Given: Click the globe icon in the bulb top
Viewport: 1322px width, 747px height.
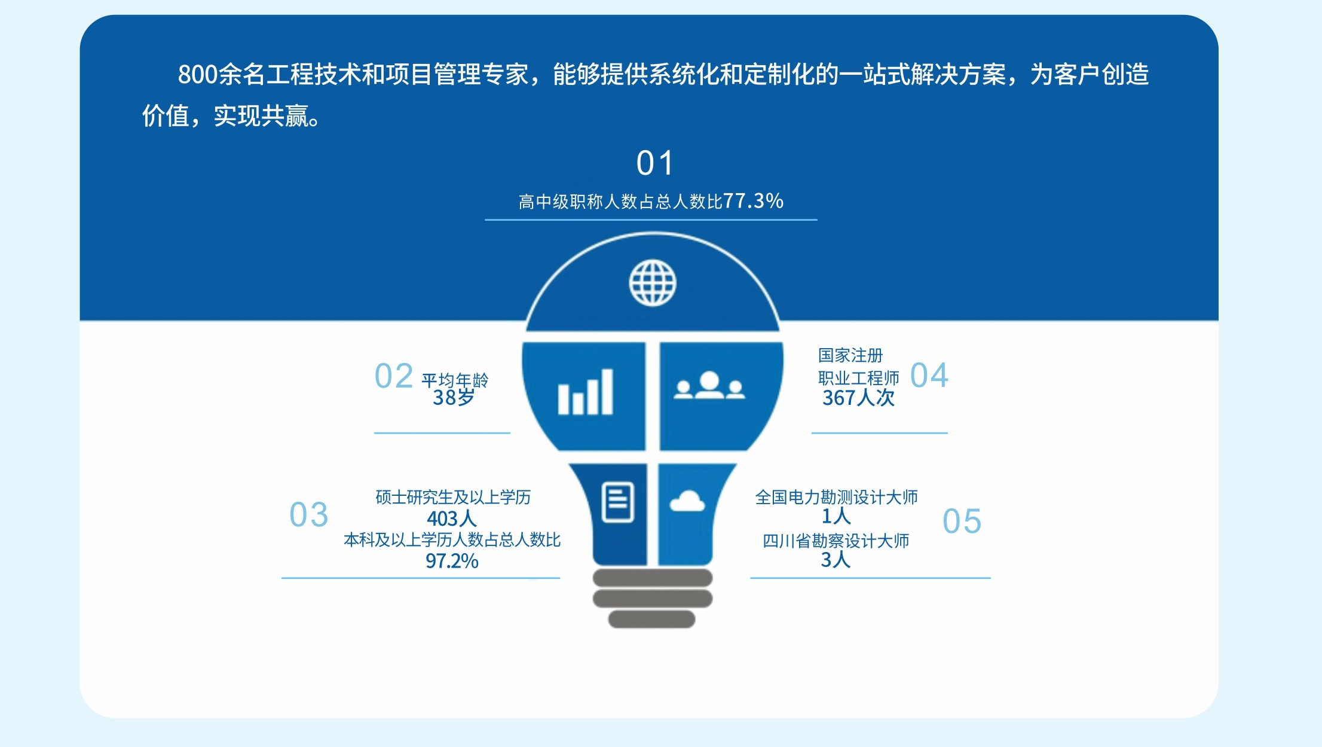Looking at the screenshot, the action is click(653, 283).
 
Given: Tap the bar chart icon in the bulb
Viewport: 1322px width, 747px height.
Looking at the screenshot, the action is click(585, 392).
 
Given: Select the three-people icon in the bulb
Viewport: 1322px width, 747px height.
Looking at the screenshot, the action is click(709, 385).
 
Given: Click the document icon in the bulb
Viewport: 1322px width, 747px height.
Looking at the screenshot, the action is click(617, 502).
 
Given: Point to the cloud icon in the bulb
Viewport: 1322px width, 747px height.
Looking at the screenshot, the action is click(687, 501).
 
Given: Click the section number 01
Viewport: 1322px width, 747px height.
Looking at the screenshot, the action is click(655, 163).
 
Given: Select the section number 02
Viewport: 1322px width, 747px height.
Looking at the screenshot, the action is click(394, 376).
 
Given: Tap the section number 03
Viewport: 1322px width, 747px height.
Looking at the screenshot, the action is click(309, 515).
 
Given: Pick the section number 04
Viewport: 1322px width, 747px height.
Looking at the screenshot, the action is click(929, 376).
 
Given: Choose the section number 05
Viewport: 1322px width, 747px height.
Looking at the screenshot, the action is click(962, 521).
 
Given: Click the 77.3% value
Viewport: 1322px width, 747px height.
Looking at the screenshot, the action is click(753, 201).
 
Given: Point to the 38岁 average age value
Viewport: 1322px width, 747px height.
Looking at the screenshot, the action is click(454, 397).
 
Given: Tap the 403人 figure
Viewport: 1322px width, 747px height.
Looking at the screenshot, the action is click(452, 518).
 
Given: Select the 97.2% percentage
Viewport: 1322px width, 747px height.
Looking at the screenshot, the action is click(452, 561).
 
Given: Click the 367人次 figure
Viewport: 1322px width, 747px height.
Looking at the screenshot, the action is click(858, 398).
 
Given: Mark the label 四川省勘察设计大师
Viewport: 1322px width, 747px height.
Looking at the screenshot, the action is click(836, 541).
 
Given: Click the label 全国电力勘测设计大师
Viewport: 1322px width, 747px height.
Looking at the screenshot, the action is click(836, 497).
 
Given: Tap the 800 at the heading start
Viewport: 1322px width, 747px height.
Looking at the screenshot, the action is click(198, 75).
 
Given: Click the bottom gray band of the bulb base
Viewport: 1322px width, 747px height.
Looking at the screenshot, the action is click(652, 620).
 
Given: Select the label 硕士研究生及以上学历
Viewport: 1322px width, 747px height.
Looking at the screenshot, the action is click(453, 497).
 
